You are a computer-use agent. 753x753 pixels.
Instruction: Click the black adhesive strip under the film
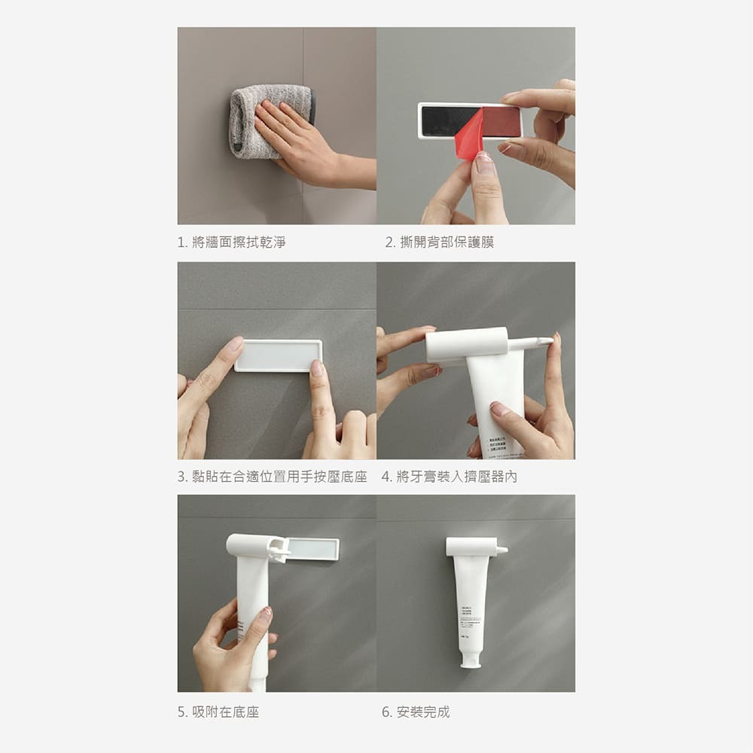pos(440,121)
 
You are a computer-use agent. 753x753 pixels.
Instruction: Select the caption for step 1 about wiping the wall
pos(231,242)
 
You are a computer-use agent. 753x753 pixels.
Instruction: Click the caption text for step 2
pos(440,242)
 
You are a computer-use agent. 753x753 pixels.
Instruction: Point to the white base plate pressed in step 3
pos(278,355)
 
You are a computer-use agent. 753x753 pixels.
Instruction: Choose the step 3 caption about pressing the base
pos(272,477)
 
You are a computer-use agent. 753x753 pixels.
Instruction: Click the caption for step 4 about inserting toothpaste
pos(449,477)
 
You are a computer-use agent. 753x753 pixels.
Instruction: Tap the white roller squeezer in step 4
pos(467,345)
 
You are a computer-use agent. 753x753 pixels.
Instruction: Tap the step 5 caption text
pos(218,712)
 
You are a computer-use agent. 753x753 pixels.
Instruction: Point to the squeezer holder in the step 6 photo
pos(474,547)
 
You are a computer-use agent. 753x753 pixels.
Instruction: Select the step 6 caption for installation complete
pos(416,712)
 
